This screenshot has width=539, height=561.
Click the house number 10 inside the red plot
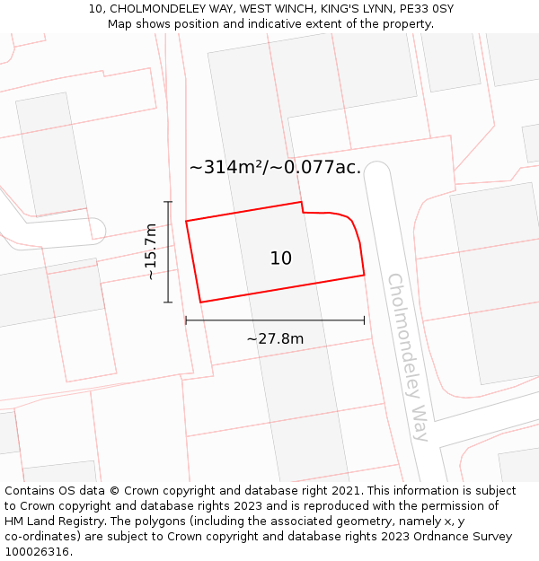point(281,259)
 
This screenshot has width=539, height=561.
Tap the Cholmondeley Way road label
point(409,356)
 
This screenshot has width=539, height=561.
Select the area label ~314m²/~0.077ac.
point(275,167)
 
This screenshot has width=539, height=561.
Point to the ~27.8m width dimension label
point(275,338)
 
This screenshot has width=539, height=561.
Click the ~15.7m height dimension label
point(151,252)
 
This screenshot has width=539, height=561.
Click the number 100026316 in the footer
point(37,552)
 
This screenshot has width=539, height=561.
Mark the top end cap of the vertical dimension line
point(168,202)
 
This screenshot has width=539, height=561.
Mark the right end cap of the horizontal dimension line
point(364,320)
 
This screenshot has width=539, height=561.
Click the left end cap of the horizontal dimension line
point(186,320)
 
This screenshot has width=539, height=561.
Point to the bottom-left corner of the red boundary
point(199,302)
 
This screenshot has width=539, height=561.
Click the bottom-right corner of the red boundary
point(364,275)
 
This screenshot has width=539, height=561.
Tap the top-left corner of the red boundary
point(186,221)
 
